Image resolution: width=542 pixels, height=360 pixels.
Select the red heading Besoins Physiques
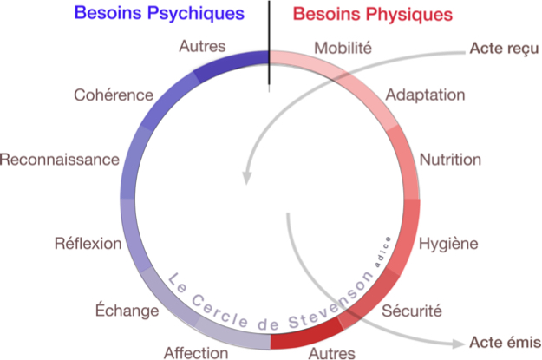pos(373,15)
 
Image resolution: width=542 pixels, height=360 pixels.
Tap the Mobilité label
pos(343,48)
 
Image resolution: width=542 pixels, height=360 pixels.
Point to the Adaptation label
pos(425,94)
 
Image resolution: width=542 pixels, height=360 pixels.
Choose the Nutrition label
pos(450,160)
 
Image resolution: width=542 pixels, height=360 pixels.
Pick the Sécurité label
pos(412,309)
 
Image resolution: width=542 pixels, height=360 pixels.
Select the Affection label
pos(196,352)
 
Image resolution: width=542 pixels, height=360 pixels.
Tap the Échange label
pos(127,311)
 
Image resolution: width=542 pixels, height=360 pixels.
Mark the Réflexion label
pos(88,243)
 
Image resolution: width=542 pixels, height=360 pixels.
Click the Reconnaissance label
pos(59,160)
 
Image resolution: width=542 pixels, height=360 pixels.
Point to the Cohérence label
pos(114,94)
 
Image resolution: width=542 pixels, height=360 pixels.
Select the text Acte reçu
pos(505,49)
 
